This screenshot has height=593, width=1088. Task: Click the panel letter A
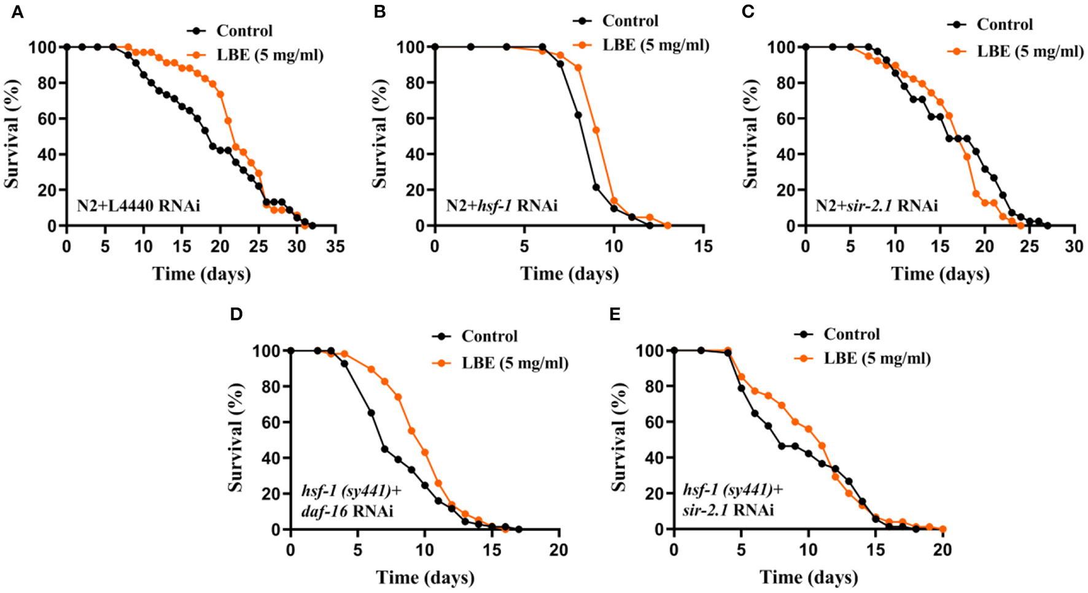tap(17, 12)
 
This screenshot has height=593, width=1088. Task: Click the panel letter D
tap(236, 314)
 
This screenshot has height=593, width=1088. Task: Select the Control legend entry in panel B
tap(630, 21)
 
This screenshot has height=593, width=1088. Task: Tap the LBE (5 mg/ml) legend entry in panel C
tap(1030, 51)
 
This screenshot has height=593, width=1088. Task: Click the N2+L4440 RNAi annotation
tap(138, 205)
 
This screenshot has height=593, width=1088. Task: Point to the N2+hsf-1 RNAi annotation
tap(502, 205)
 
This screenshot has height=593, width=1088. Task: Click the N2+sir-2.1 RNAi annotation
tap(876, 205)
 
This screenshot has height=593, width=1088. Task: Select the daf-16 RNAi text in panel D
tap(347, 511)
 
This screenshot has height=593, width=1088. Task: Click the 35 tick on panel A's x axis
tap(335, 246)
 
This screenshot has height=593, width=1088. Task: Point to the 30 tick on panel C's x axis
tap(1074, 246)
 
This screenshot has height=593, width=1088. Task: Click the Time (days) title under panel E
tap(809, 577)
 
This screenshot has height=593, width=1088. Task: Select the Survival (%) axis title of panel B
tap(381, 134)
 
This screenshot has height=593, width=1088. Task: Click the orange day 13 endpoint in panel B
tap(668, 226)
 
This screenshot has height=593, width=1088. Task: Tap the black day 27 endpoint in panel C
tap(1047, 226)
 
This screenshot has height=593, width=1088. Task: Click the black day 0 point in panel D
tap(290, 351)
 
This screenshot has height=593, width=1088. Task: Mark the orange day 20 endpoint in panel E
tap(942, 529)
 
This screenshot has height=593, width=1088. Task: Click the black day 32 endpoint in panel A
tap(312, 226)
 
